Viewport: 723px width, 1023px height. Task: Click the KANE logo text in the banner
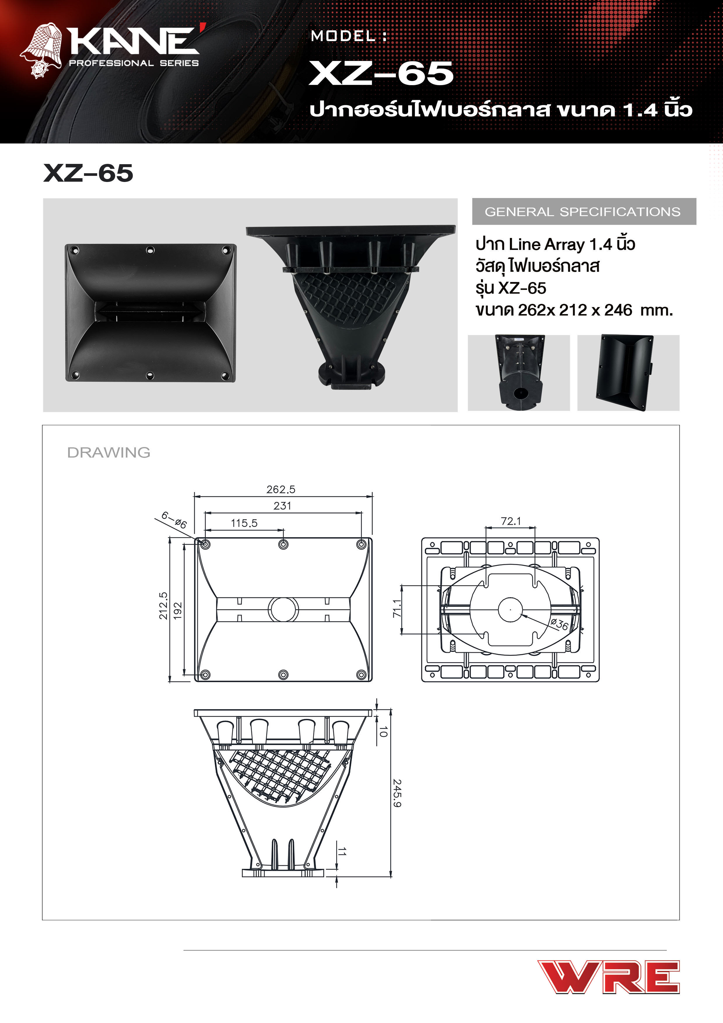pos(134,41)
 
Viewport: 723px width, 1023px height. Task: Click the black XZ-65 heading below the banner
pos(88,173)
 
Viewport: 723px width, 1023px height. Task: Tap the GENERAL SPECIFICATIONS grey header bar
pos(584,212)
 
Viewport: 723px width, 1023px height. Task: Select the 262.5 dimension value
pos(281,489)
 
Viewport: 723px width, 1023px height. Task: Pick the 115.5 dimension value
pos(244,523)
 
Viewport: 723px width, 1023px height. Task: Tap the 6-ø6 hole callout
pos(174,520)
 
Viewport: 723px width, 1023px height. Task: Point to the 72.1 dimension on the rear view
pos(510,521)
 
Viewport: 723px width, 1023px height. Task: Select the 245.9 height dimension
pos(397,793)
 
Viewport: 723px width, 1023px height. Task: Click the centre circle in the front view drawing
pos(283,609)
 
